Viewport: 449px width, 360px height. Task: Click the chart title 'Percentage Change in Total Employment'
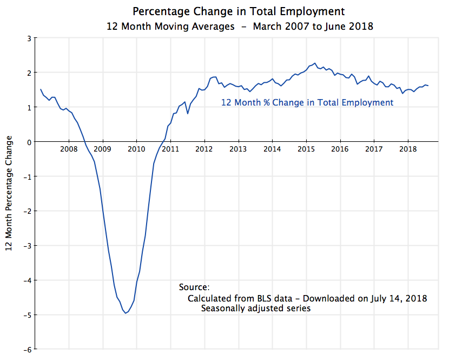[238, 11]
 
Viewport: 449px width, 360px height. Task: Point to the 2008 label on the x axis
[69, 149]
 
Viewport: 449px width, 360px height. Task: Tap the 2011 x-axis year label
[170, 149]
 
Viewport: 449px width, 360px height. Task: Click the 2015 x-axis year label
[306, 149]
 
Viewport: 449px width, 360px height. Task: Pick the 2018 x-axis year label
[408, 149]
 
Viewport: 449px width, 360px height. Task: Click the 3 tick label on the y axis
[28, 38]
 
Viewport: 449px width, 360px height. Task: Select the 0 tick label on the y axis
[28, 142]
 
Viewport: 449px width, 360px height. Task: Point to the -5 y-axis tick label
[27, 315]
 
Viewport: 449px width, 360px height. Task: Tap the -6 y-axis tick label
[27, 349]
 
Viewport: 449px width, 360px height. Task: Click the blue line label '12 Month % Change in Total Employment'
[307, 102]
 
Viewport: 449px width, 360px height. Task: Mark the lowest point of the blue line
[126, 313]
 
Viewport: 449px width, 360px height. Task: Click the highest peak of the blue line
[315, 63]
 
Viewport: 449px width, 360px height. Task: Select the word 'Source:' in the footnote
[194, 287]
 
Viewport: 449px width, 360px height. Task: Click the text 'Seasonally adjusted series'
[256, 309]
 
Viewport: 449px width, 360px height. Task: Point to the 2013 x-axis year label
[239, 149]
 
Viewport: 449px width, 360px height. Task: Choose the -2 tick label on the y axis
[27, 211]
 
